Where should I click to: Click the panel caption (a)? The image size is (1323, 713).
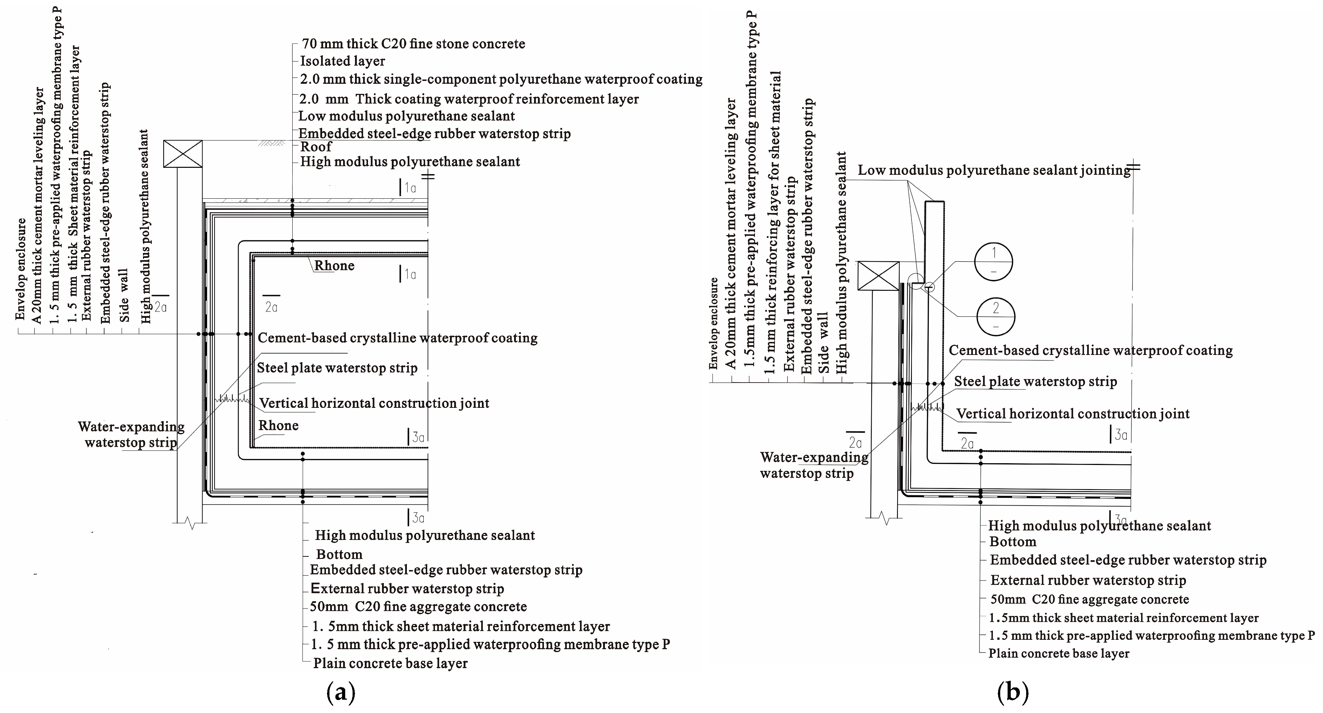[341, 693]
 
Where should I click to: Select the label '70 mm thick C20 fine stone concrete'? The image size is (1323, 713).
[414, 44]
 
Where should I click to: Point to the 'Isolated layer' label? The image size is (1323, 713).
[342, 61]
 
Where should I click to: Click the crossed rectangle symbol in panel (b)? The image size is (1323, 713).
[878, 276]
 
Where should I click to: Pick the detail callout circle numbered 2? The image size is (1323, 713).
[996, 316]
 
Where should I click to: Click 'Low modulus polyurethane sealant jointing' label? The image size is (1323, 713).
[994, 170]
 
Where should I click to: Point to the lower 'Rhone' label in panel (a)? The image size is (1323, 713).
[278, 426]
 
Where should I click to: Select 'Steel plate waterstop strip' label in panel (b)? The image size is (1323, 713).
[1035, 382]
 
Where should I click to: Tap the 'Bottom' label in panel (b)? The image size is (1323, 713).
[1013, 542]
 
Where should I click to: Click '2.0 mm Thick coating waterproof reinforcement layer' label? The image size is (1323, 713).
[469, 99]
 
